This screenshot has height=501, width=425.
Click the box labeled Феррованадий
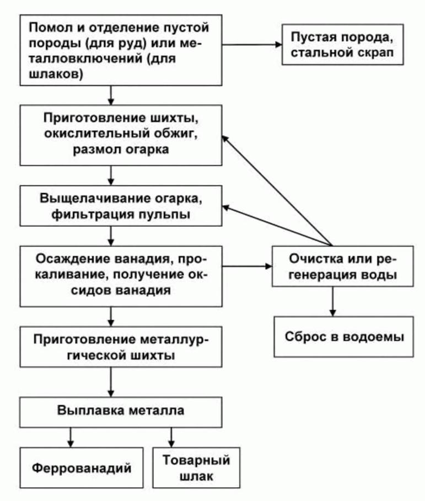click(82, 468)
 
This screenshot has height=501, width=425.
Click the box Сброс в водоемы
click(344, 337)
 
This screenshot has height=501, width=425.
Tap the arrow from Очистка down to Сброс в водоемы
click(332, 301)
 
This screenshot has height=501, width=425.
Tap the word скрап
click(379, 55)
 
